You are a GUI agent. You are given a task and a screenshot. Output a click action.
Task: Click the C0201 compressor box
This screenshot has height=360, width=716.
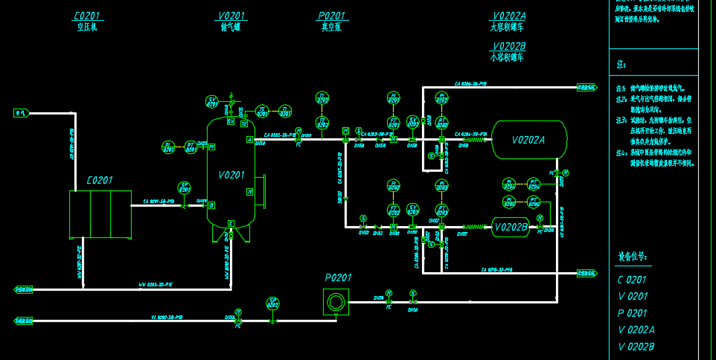coord(100,214)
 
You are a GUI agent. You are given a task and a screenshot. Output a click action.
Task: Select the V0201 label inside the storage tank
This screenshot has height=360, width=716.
coord(231,175)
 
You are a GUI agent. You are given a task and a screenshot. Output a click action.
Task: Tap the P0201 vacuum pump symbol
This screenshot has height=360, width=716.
coord(336,301)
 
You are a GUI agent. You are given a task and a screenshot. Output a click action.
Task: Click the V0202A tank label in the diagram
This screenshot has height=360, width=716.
coord(528,140)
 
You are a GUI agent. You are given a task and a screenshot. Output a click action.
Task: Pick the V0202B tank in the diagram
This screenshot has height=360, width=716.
coord(511,227)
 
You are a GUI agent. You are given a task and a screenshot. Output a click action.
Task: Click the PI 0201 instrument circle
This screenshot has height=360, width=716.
coord(167,147)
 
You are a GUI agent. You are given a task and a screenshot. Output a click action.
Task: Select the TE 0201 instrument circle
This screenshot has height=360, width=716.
coord(261,111)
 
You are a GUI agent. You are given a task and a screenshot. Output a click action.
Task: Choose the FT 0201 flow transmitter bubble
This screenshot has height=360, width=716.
coord(393,121)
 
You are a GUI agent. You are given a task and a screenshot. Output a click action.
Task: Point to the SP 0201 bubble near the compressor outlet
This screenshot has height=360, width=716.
coord(184,187)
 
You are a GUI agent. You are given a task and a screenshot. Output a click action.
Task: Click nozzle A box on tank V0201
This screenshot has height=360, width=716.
coord(249,139)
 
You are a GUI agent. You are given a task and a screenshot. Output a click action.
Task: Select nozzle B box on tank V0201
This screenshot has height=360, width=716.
coord(211,205)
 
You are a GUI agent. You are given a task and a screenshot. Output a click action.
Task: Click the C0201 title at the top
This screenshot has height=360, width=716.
coord(88,16)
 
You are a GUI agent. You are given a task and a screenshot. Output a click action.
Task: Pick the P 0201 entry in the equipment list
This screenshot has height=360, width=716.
coord(632,313)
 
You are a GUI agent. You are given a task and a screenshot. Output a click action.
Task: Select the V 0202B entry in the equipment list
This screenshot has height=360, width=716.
coord(636,347)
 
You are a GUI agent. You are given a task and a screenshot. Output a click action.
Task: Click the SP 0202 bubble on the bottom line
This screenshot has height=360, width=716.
coord(272,303)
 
